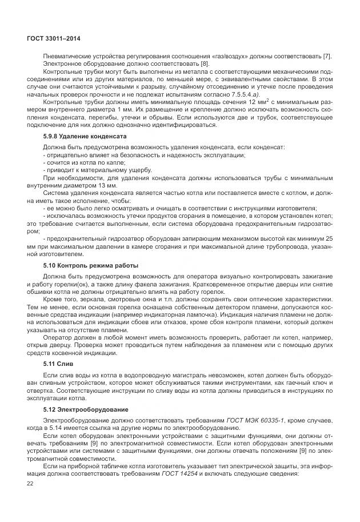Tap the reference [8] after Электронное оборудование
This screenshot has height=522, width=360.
point(147,63)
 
